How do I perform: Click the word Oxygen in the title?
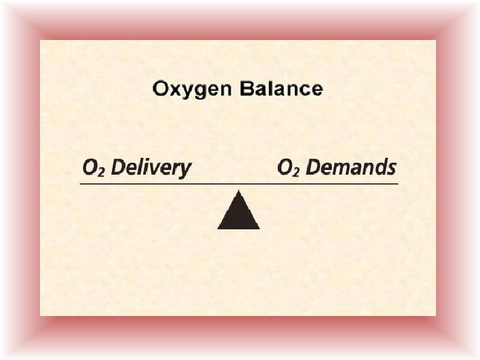[189, 89]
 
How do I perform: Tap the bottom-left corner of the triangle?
[218, 229]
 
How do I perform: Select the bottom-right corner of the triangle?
[259, 229]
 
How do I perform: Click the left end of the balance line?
[81, 183]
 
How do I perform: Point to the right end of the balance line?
[397, 183]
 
